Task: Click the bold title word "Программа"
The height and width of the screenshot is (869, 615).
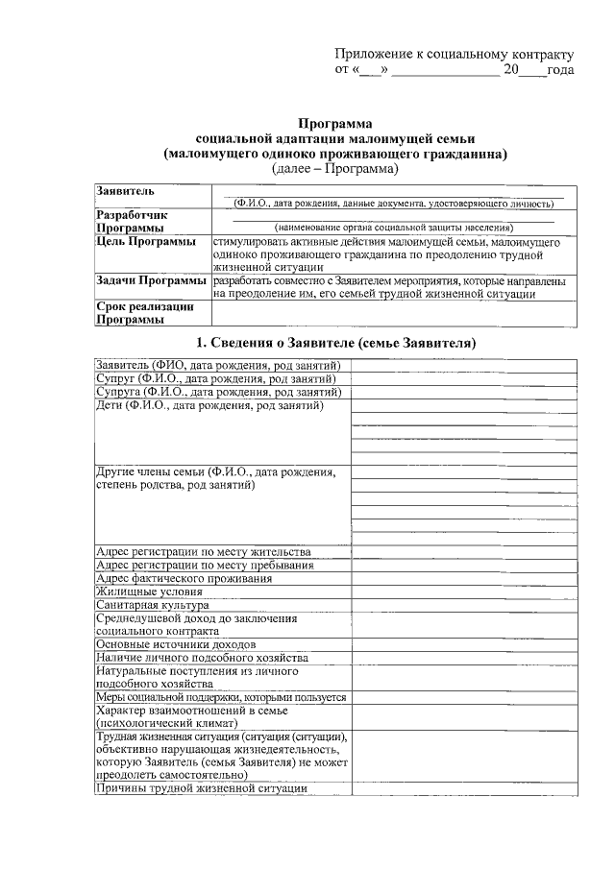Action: point(334,124)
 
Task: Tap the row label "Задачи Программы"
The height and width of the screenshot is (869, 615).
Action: point(152,280)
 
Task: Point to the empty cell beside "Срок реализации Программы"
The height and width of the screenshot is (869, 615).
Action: point(394,313)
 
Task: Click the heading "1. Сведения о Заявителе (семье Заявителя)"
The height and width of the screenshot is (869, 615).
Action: point(336,343)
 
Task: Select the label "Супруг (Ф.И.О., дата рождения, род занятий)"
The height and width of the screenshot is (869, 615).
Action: point(216,379)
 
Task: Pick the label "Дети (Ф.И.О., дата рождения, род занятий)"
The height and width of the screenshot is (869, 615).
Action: point(209,405)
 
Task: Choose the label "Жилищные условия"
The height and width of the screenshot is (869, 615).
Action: point(149,592)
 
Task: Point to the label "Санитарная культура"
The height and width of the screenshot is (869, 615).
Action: point(153,606)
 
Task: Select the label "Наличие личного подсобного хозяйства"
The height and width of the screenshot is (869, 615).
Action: point(203,658)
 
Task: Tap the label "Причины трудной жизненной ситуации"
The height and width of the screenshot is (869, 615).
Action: point(201,787)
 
